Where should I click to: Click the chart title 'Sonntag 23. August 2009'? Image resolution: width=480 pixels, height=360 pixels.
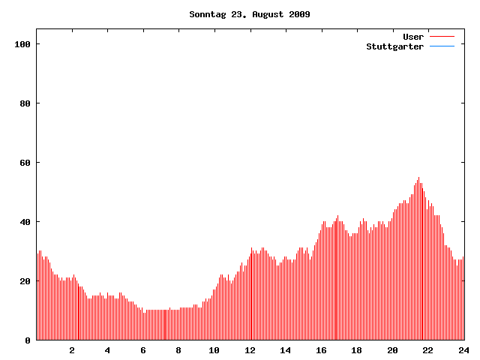pos(250,14)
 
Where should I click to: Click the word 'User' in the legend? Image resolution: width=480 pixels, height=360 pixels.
pos(413,37)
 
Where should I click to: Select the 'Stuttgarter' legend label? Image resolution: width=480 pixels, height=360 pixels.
pos(394,46)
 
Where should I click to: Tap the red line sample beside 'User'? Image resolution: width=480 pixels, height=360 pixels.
pos(442,37)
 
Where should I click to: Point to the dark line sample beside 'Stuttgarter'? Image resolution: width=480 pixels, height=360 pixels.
pos(442,46)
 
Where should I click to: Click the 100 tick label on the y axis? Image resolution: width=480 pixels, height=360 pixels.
pos(21,45)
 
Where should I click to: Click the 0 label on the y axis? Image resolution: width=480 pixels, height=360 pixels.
pos(27,340)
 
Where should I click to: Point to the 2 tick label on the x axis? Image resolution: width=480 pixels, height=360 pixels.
pos(72,350)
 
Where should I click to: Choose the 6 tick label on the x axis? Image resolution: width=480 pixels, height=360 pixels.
pos(143,350)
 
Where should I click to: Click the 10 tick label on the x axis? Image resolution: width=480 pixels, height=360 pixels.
pos(214,350)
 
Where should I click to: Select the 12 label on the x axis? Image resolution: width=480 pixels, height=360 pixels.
pos(250,350)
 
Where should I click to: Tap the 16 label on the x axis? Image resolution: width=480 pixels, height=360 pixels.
pos(321,350)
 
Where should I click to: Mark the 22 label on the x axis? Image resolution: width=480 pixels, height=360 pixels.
pos(427,350)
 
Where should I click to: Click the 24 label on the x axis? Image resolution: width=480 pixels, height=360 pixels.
pos(463,350)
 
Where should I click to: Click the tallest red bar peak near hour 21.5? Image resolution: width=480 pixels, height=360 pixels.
pos(418,178)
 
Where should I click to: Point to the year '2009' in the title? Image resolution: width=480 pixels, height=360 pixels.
pos(299,14)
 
